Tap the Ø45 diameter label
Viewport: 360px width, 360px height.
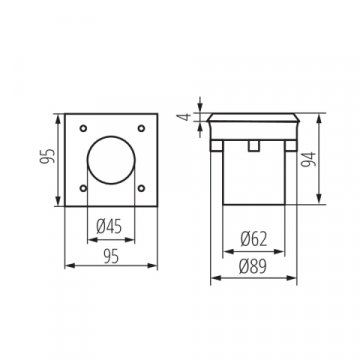point(110,225)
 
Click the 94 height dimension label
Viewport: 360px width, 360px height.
point(341,160)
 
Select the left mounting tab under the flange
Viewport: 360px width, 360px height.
point(214,148)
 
